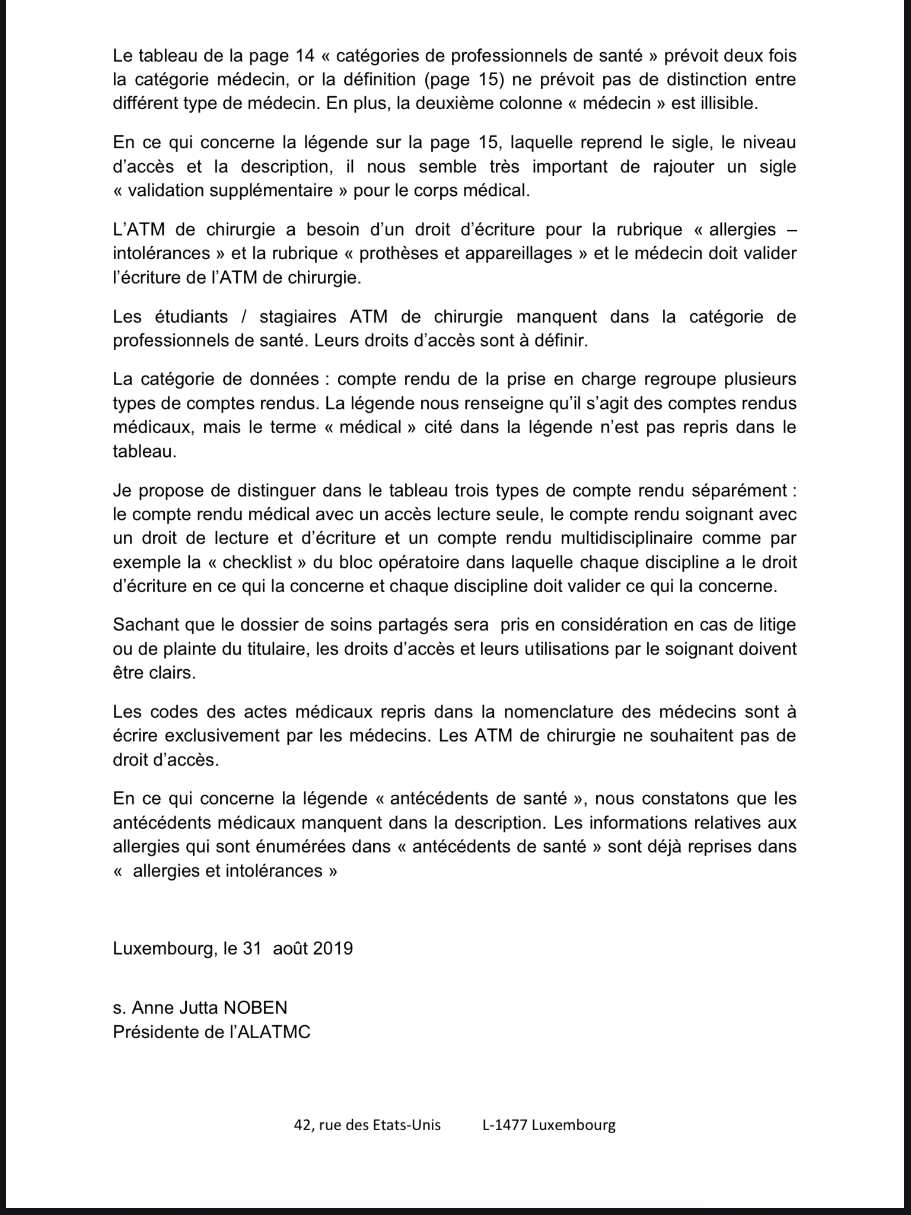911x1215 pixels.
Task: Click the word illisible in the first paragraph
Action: coord(723,103)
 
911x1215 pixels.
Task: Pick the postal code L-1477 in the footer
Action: coord(505,1125)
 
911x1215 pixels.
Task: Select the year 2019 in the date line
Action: coord(333,948)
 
